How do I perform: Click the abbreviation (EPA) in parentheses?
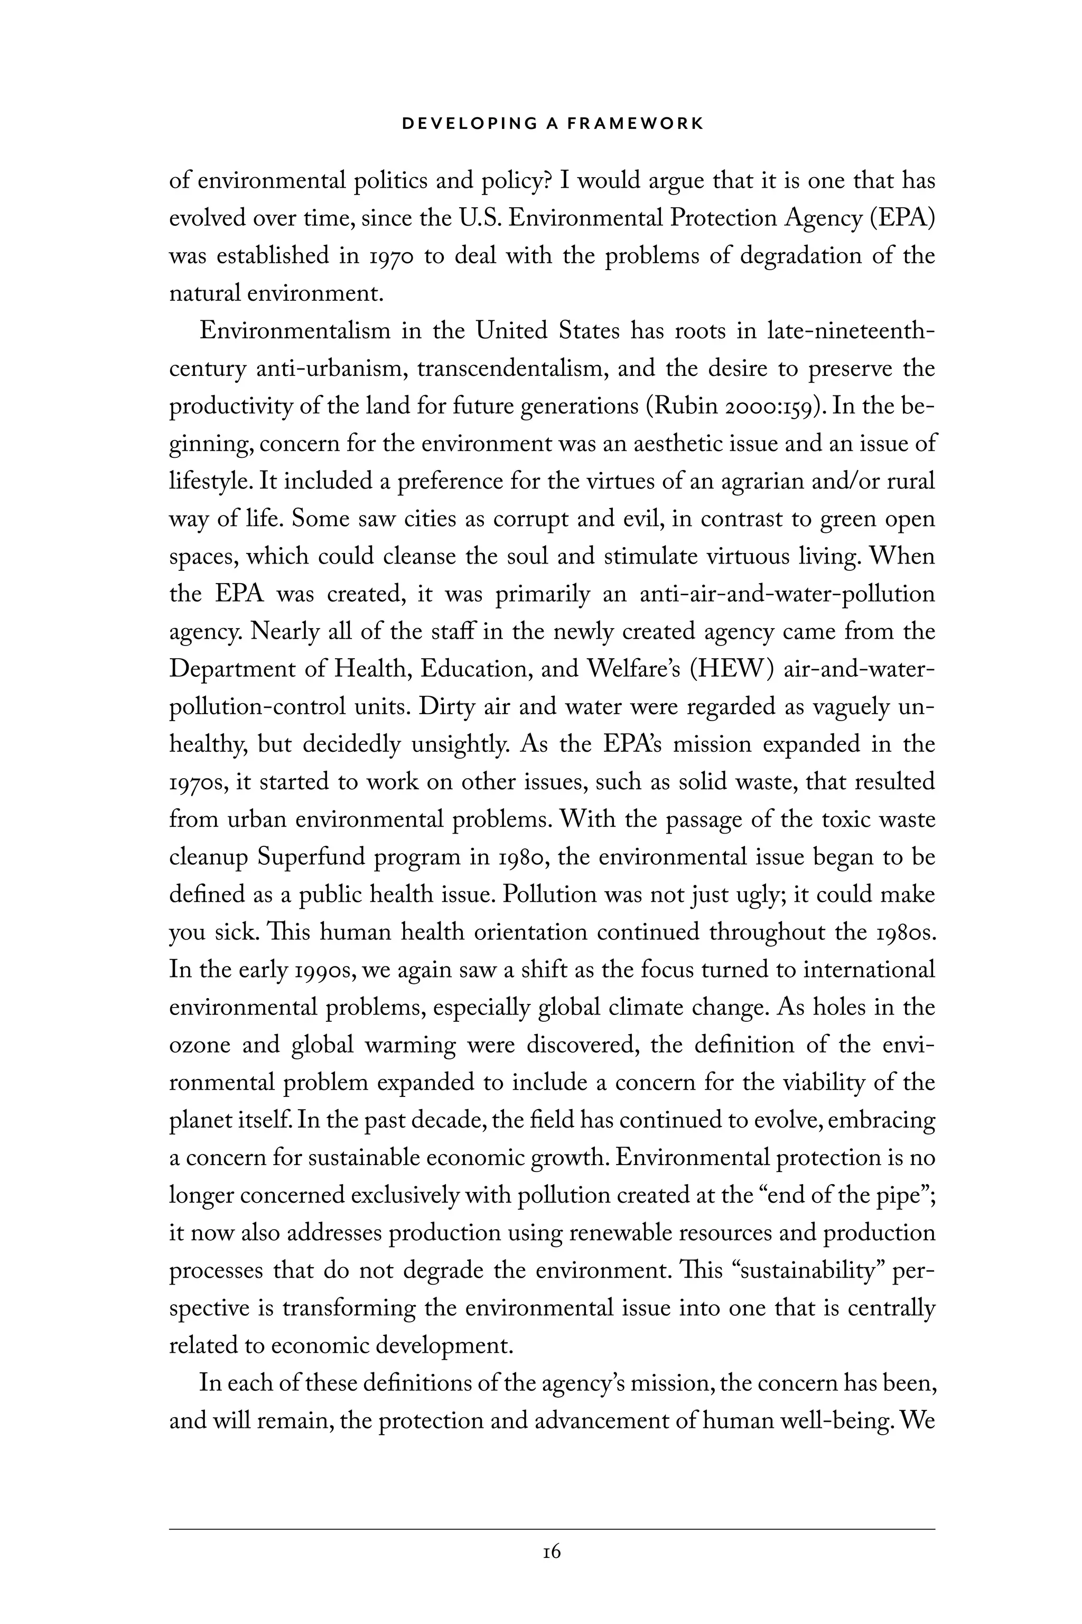[x=902, y=218]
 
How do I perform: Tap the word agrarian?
[x=762, y=481]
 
